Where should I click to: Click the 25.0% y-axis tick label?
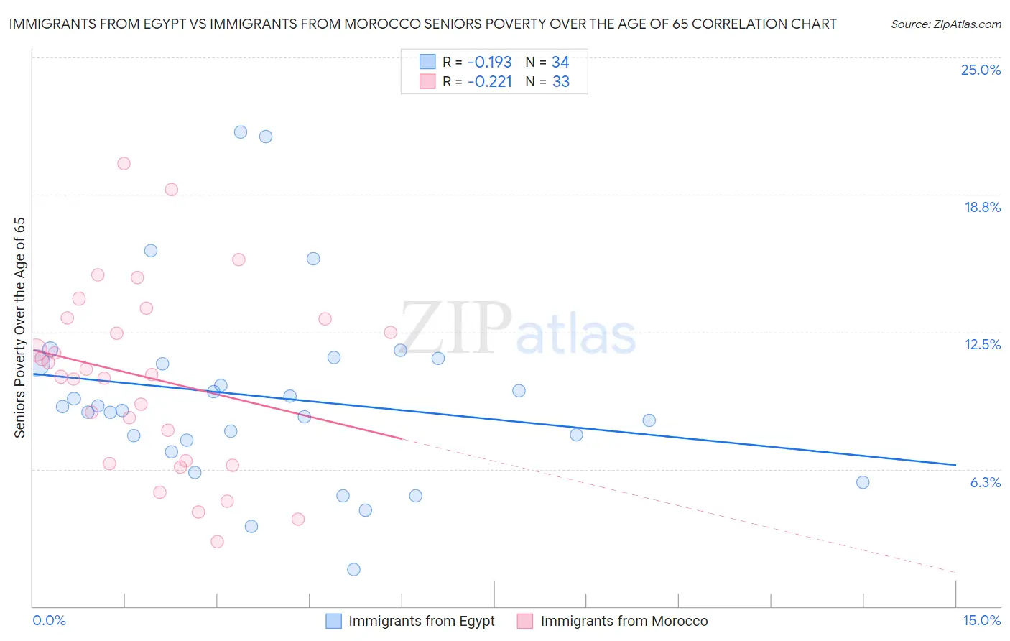point(981,70)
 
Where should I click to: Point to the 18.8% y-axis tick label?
point(982,207)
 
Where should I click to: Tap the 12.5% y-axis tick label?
point(982,344)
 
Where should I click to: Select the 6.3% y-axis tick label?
point(985,482)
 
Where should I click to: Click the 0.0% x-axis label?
point(49,620)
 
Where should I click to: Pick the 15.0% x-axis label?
point(981,620)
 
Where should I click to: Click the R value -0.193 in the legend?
point(489,63)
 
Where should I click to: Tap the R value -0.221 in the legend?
point(489,82)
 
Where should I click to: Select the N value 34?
point(560,63)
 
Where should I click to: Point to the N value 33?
point(560,82)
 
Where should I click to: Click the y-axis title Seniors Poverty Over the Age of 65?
point(19,327)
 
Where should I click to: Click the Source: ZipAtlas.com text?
point(945,24)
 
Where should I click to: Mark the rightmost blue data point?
point(863,482)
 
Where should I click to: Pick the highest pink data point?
point(124,163)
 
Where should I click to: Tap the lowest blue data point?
point(353,569)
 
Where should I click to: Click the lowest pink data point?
point(217,541)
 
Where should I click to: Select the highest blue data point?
point(241,132)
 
